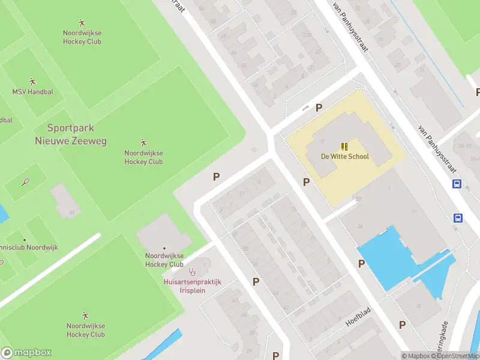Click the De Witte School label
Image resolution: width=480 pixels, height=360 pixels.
[x=344, y=157]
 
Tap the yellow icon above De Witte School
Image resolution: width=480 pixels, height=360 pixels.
[x=344, y=146]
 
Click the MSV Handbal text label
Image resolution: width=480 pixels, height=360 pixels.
[x=32, y=92]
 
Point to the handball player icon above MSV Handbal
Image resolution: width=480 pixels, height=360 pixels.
[x=32, y=81]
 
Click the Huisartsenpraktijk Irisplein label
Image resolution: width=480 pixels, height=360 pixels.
[x=193, y=286]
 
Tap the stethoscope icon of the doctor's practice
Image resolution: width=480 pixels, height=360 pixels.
[x=193, y=272]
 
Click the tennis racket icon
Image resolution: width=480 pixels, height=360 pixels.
[x=26, y=181]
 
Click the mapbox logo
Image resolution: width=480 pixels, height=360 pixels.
[x=26, y=353]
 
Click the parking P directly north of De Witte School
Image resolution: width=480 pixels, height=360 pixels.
[x=319, y=108]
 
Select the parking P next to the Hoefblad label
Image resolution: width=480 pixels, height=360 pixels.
[x=403, y=325]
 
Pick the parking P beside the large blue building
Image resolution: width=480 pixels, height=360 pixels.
[x=361, y=263]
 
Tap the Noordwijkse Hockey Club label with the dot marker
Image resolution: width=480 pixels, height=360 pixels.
[x=164, y=260]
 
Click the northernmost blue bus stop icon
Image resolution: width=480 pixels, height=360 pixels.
[x=457, y=184]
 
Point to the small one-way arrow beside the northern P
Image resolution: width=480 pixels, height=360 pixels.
[x=305, y=109]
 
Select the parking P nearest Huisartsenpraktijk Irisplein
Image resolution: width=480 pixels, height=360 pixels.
[x=256, y=281]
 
